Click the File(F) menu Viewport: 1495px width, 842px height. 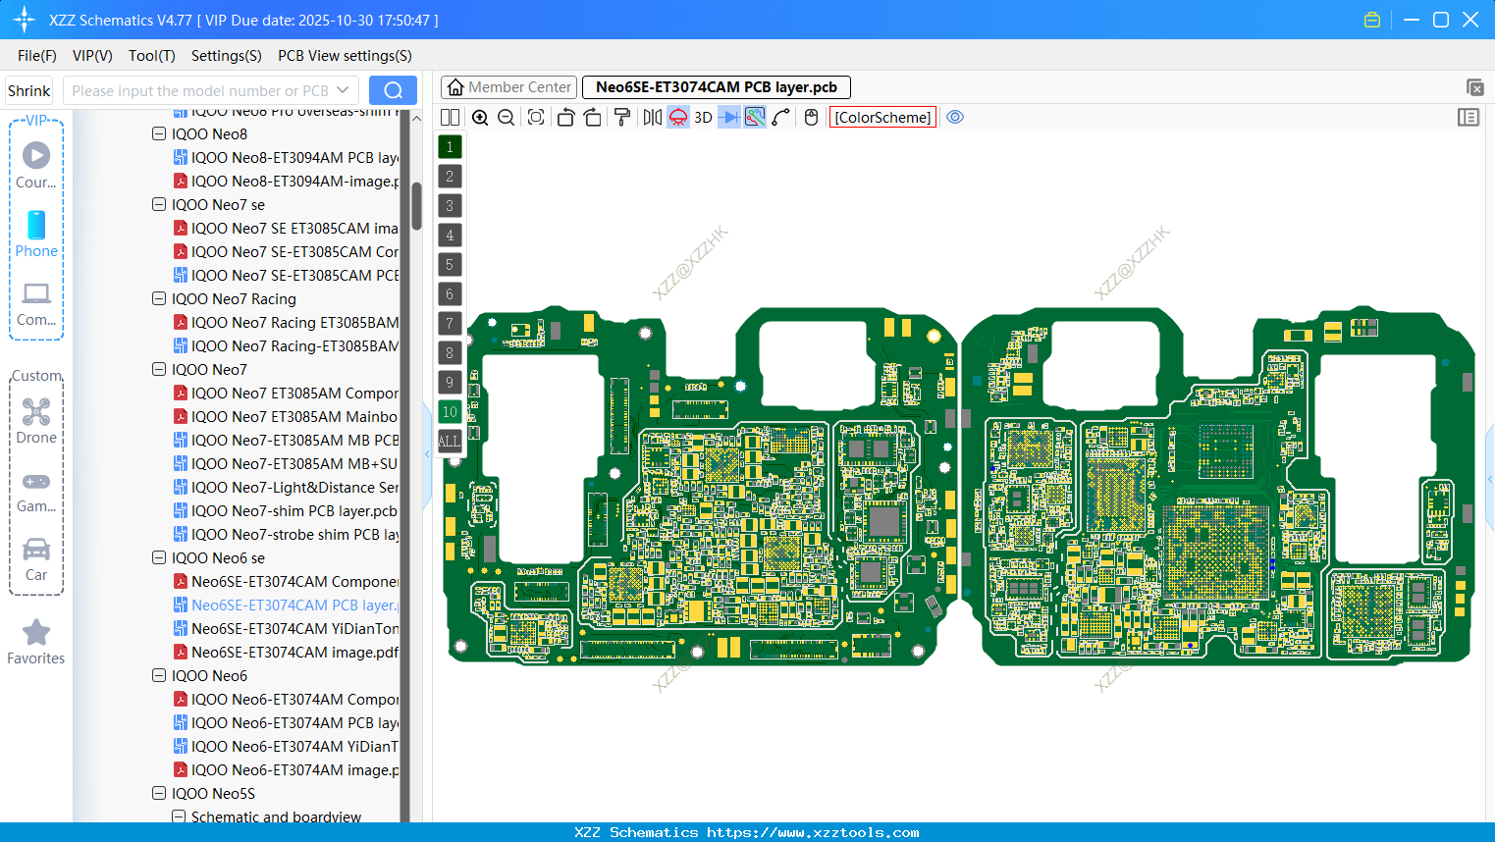coord(36,56)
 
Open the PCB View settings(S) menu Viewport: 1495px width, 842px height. coord(345,56)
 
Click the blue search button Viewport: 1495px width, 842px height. coord(393,90)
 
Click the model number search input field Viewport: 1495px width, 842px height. coord(200,90)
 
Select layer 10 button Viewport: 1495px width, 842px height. coord(450,412)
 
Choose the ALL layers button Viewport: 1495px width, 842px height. coord(450,442)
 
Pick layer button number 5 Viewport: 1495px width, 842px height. coord(450,265)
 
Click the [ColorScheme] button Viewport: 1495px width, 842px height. coord(882,118)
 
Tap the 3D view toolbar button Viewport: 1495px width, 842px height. coord(703,118)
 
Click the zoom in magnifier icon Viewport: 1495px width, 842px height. coord(480,118)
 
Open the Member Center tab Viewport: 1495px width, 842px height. coord(508,87)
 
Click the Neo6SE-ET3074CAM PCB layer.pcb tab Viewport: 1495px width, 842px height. coord(716,87)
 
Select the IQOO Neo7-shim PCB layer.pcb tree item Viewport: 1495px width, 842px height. coord(294,511)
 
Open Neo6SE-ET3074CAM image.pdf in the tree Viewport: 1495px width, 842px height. coord(294,653)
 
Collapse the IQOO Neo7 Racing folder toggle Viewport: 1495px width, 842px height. coord(159,299)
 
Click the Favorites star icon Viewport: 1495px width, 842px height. coord(36,633)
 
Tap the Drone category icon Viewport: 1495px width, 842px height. coord(36,412)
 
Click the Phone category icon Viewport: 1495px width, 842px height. coord(36,226)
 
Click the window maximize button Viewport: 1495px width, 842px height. coord(1441,20)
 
